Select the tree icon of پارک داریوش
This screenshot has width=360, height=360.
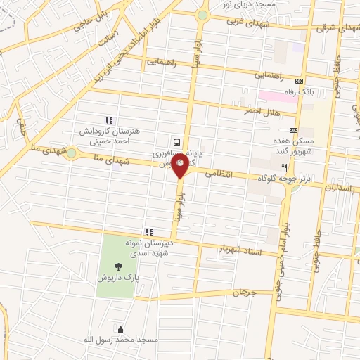[117, 265]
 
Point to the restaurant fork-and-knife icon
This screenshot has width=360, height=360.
[285, 167]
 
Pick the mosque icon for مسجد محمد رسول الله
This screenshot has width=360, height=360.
[120, 329]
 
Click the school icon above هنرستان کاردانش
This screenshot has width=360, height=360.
[108, 121]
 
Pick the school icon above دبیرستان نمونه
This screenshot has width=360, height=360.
[148, 232]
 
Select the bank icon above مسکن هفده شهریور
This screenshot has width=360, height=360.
[293, 130]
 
